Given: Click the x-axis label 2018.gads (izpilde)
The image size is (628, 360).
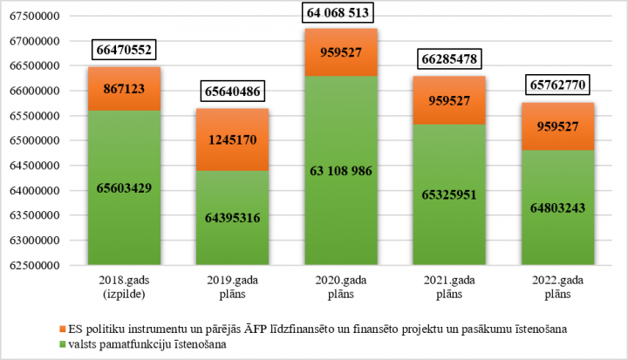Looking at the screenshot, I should pos(125,289).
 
